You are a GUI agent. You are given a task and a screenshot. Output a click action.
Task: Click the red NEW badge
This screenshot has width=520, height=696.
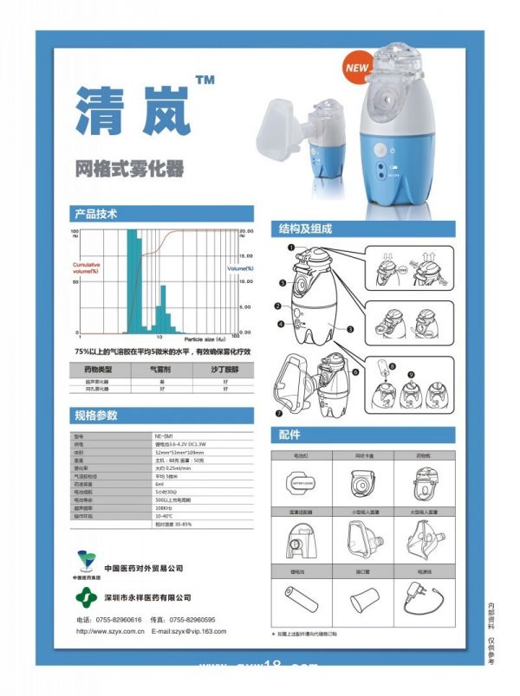click(357, 66)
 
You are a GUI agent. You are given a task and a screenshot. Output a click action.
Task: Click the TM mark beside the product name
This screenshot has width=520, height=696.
click(205, 81)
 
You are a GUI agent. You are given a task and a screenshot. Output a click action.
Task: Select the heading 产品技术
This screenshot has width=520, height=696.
click(95, 213)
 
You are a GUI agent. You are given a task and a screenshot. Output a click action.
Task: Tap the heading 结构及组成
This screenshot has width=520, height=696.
click(304, 229)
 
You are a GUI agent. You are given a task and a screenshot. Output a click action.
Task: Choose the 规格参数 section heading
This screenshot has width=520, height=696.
click(95, 415)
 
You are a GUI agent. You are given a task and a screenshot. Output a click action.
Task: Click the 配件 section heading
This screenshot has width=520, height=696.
click(289, 435)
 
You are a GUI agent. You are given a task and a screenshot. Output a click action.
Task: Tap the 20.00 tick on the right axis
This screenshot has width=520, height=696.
click(245, 232)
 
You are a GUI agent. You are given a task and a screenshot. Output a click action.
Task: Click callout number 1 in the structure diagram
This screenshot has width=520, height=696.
click(292, 247)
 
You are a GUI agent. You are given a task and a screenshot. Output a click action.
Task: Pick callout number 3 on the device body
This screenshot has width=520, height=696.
click(348, 329)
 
